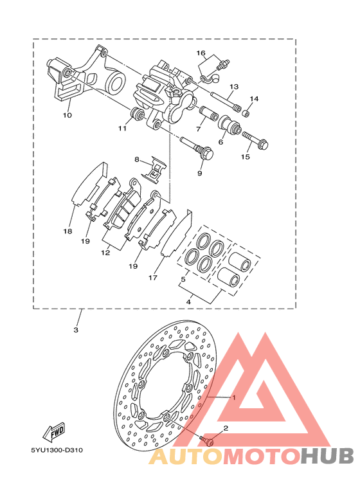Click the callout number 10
(x=67, y=115)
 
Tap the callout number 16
(x=201, y=53)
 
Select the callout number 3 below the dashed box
(x=76, y=330)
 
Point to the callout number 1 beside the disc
(x=234, y=397)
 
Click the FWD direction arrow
(x=54, y=432)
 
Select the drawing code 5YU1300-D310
(x=57, y=450)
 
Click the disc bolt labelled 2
(x=207, y=440)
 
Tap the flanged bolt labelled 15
(x=255, y=140)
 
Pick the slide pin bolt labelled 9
(x=197, y=147)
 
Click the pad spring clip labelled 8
(x=154, y=170)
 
